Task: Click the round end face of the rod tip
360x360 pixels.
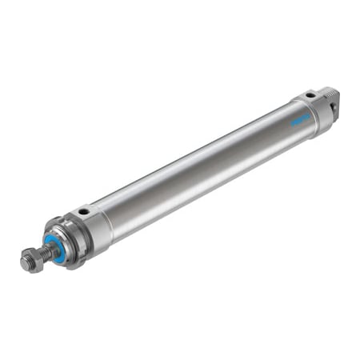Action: pyautogui.click(x=26, y=263)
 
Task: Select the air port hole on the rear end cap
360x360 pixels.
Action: pyautogui.click(x=308, y=97)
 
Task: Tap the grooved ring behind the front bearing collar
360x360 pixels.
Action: pyautogui.click(x=73, y=238)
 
